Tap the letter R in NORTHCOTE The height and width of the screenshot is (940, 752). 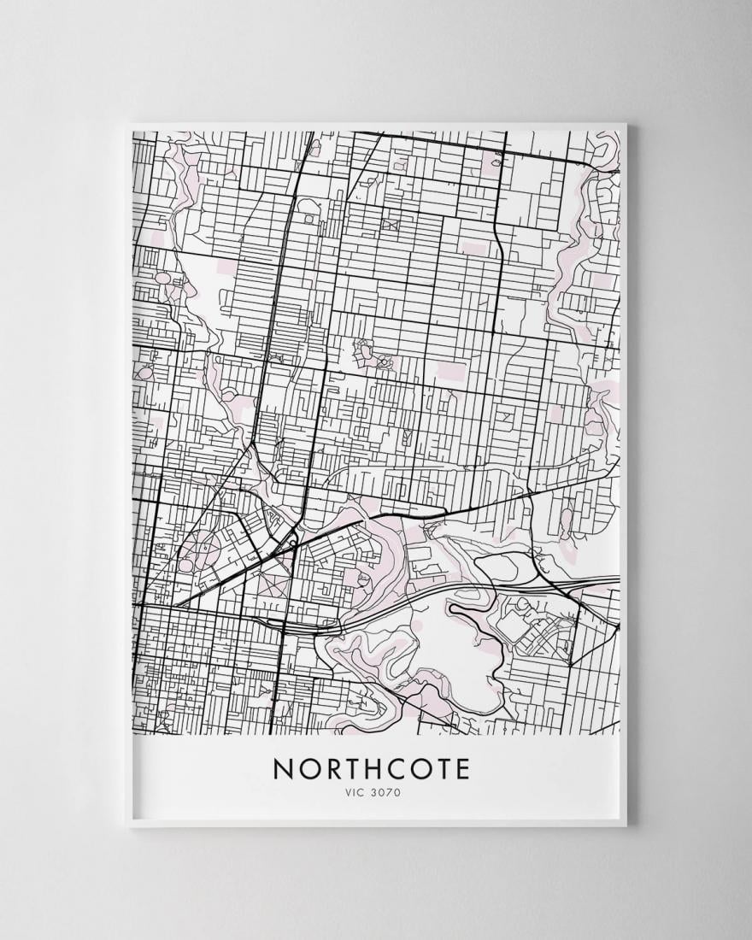pos(334,768)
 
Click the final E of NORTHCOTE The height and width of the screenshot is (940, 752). pos(462,768)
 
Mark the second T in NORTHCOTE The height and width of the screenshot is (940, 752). pos(445,768)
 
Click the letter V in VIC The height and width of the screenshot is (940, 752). pos(347,792)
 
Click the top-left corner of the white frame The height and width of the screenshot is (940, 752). pos(126,125)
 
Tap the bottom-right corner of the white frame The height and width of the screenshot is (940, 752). pos(626,826)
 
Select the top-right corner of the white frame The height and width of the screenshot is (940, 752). pos(626,125)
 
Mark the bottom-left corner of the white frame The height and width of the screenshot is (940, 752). pos(126,826)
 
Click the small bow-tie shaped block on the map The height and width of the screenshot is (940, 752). pos(391,224)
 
